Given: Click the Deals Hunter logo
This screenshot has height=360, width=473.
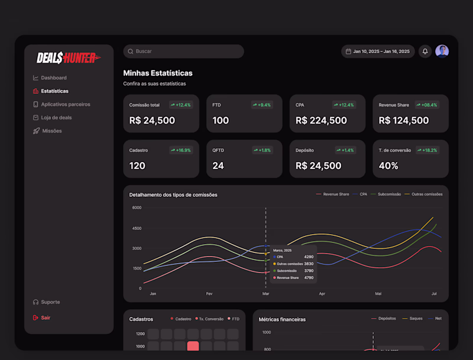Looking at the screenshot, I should [69, 57].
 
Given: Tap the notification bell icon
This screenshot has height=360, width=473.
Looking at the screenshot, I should [425, 51].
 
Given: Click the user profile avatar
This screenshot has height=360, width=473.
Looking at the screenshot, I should [442, 51].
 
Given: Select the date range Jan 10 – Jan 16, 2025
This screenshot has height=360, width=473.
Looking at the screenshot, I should [378, 51].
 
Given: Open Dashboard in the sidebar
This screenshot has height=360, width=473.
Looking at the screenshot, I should [53, 78].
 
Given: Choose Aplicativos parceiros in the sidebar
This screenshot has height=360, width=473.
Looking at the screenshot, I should [65, 104].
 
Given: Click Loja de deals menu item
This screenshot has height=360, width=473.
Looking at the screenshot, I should [56, 118].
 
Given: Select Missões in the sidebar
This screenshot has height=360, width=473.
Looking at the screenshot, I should [51, 131].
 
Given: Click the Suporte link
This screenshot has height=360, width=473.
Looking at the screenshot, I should [50, 302].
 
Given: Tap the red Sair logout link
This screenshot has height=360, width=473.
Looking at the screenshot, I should [45, 317].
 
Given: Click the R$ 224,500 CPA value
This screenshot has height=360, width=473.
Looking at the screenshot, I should [321, 121].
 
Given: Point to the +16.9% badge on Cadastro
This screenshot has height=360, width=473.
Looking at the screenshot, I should [181, 150].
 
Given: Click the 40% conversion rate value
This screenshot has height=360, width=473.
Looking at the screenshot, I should [388, 166].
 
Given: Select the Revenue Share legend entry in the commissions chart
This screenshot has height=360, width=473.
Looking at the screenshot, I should [336, 194].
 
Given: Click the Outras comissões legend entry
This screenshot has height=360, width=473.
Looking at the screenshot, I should [426, 194].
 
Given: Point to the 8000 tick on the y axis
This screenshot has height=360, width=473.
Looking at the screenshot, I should [137, 208].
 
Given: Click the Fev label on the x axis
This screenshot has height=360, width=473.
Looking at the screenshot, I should [209, 293].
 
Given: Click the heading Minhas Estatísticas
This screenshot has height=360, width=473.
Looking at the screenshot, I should [158, 73].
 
